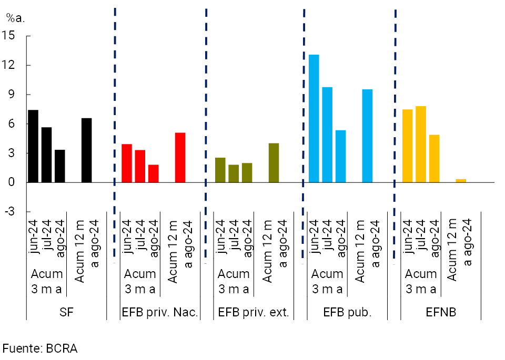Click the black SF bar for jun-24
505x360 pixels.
[x=33, y=146]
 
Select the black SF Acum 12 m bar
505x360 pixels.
[x=87, y=150]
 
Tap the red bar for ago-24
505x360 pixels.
[x=153, y=173]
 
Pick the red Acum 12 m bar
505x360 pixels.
[x=180, y=158]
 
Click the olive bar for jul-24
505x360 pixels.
[x=234, y=173]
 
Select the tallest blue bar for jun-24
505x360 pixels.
[x=314, y=118]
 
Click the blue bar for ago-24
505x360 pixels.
[x=341, y=156]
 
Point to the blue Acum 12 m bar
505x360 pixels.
[x=367, y=136]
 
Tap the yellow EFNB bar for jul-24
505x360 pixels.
[x=421, y=144]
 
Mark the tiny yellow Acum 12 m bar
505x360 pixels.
[x=461, y=180]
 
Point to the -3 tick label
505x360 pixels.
[x=9, y=212]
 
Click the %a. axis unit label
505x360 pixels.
[x=15, y=17]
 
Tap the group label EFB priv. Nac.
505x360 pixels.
[x=159, y=312]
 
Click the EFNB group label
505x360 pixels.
[x=441, y=312]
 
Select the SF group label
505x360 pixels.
[x=66, y=312]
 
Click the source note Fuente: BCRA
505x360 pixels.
[x=40, y=348]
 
